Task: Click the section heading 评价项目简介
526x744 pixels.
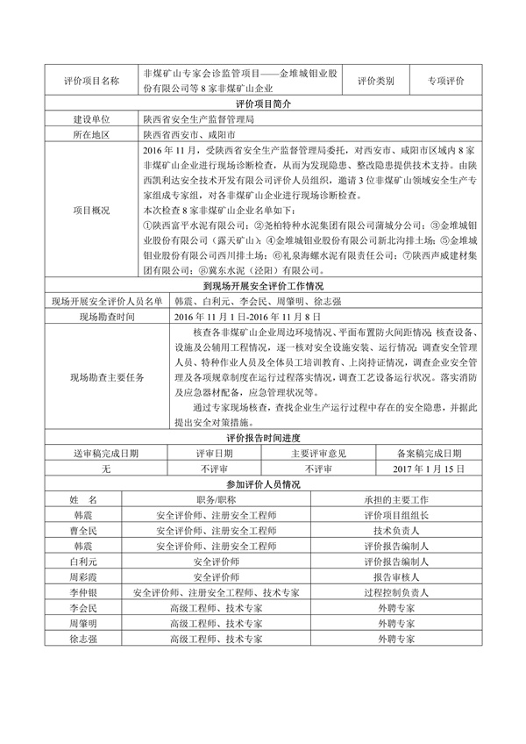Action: coord(263,104)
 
